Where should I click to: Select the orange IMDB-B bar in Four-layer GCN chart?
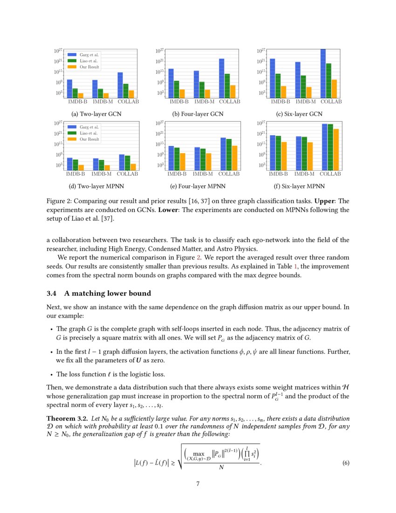[x=182, y=93]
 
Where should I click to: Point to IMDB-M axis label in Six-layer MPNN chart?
[x=305, y=174]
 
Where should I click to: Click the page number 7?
[x=198, y=484]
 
